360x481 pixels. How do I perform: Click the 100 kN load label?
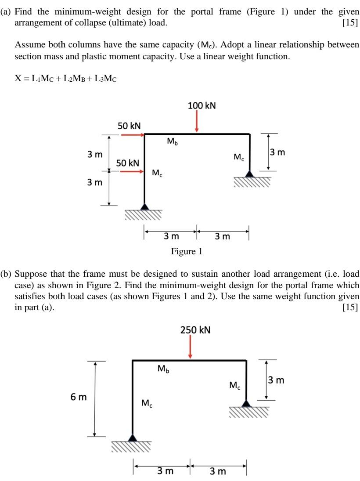202,105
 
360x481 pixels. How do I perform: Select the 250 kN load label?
195,329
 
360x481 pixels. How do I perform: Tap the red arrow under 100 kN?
197,121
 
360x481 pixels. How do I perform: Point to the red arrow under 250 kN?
190,347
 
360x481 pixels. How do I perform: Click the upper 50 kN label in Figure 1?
129,126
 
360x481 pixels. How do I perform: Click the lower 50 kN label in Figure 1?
127,163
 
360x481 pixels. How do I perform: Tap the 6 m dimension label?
79,398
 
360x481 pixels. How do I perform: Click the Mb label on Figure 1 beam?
173,142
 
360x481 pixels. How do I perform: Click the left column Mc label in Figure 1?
157,174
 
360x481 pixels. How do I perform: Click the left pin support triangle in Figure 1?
144,206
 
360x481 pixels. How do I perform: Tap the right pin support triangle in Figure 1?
250,174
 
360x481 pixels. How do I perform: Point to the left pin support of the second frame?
132,438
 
